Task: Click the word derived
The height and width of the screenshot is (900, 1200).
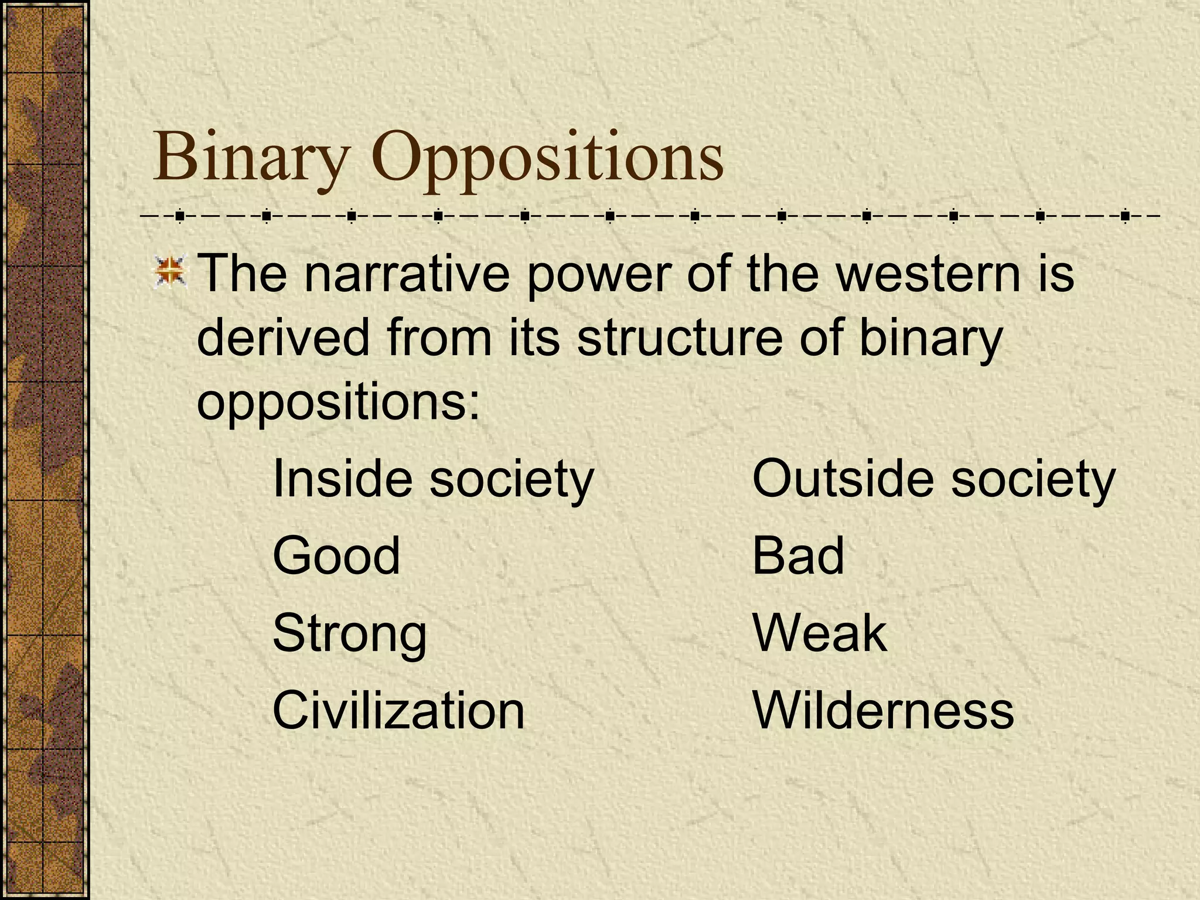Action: pos(283,338)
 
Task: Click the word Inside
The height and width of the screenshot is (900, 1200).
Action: pos(343,479)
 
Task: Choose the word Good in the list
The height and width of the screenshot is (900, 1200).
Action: pos(336,555)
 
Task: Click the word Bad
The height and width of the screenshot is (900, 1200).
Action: pos(797,555)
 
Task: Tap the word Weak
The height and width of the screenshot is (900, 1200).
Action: pos(819,633)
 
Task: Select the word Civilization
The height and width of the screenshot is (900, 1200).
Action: pos(398,710)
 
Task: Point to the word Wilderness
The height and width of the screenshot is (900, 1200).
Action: pos(883,710)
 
